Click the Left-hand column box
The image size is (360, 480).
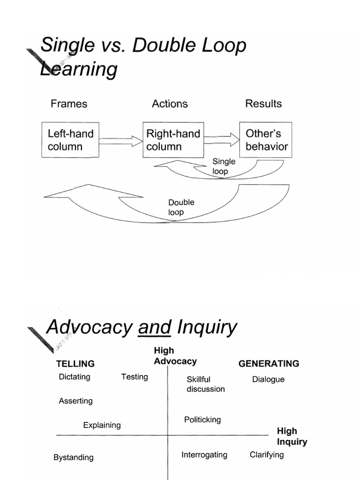pyautogui.click(x=70, y=140)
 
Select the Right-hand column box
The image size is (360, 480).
pyautogui.click(x=173, y=140)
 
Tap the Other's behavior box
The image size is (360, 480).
pyautogui.click(x=266, y=140)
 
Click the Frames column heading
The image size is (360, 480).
pyautogui.click(x=69, y=104)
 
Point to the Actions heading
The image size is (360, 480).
pyautogui.click(x=170, y=104)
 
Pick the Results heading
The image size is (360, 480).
pyautogui.click(x=263, y=104)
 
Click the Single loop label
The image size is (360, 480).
pyautogui.click(x=224, y=166)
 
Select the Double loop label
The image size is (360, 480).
pyautogui.click(x=181, y=207)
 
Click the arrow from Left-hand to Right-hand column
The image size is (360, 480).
pyautogui.click(x=120, y=140)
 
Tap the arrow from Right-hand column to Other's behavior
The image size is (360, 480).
pyautogui.click(x=222, y=139)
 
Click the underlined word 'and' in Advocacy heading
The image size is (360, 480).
pyautogui.click(x=154, y=327)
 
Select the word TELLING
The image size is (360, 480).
pyautogui.click(x=75, y=364)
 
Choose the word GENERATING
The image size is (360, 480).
pyautogui.click(x=269, y=363)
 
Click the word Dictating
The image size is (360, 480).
pyautogui.click(x=75, y=377)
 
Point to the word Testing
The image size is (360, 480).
pyautogui.click(x=135, y=377)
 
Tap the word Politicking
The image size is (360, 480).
pyautogui.click(x=202, y=420)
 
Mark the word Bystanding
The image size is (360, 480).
pyautogui.click(x=74, y=457)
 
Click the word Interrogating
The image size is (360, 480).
pyautogui.click(x=204, y=455)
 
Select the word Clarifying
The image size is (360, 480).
pyautogui.click(x=267, y=455)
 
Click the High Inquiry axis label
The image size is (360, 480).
pyautogui.click(x=292, y=436)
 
